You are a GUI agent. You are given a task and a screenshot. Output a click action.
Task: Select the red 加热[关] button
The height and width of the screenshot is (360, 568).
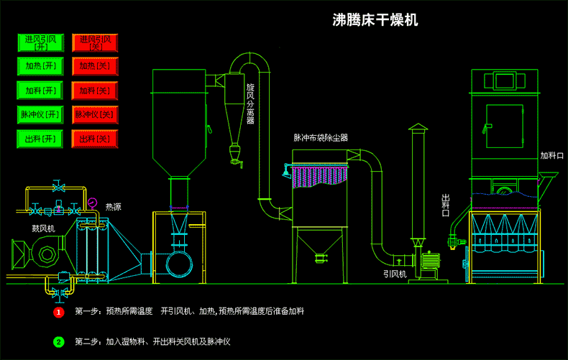tap(95, 66)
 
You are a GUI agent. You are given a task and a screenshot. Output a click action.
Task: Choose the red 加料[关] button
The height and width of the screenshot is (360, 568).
tap(95, 91)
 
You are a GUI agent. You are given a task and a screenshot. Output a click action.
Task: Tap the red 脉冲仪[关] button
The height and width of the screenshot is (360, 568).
tap(95, 114)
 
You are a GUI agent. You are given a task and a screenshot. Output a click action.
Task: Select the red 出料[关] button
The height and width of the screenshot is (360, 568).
tap(95, 139)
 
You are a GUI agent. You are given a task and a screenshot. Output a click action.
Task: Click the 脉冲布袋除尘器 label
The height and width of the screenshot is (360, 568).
tap(321, 137)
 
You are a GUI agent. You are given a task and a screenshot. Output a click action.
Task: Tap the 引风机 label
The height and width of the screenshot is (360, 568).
tap(395, 274)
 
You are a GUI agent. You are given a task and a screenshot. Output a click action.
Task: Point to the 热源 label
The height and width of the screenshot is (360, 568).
tap(113, 207)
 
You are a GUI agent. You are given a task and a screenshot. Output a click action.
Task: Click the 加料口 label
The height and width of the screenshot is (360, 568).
tap(552, 155)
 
